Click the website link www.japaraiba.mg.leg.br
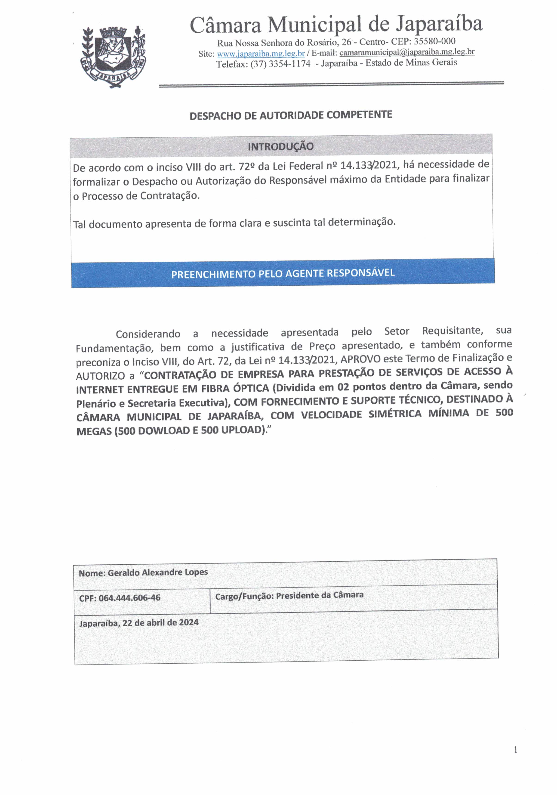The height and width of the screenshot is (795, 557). (x=260, y=54)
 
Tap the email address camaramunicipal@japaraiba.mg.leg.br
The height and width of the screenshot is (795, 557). (x=407, y=52)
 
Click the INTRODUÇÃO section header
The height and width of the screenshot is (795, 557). (x=280, y=146)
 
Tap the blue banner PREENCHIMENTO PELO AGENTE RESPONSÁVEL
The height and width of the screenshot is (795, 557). (x=283, y=273)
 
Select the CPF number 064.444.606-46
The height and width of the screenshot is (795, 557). (x=129, y=598)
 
